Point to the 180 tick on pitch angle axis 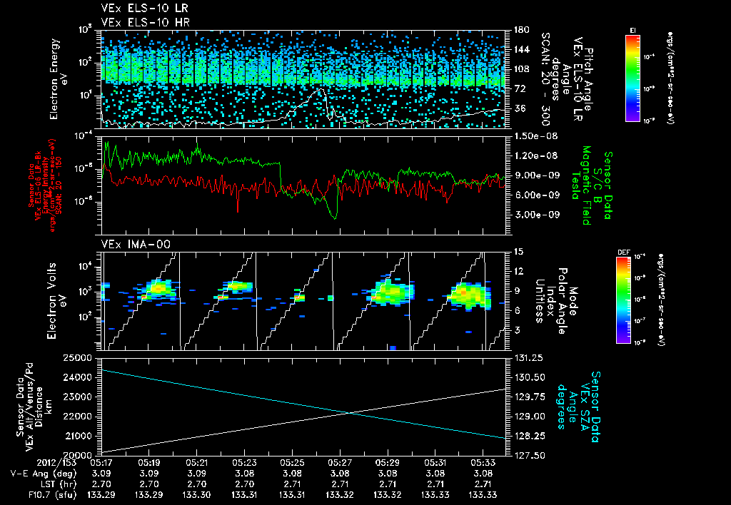515,29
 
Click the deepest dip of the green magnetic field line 333,217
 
